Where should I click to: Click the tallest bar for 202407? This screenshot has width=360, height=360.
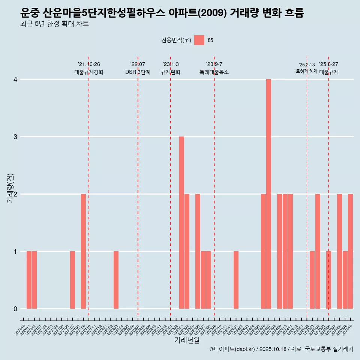point(268,194)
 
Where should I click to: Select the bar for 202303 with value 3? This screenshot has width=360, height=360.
point(181,222)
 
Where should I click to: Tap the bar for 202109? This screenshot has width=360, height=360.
point(83,251)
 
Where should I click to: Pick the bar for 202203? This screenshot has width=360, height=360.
point(116,280)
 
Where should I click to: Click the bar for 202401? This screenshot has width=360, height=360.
point(236,280)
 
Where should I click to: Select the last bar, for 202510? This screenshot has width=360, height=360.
point(350,251)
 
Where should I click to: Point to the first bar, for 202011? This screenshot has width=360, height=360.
point(29,280)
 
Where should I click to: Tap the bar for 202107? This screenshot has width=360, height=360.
point(72,280)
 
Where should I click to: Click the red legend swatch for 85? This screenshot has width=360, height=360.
point(199,40)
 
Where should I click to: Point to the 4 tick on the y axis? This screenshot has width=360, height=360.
point(15,79)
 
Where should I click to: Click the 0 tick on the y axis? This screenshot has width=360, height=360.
point(15,309)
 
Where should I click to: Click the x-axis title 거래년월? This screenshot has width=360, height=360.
point(187,340)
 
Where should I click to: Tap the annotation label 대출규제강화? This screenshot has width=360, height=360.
point(89,72)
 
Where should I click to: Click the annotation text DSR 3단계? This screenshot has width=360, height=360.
point(138,72)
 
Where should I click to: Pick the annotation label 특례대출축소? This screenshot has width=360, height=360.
point(214,72)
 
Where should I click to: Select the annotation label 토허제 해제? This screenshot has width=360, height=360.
point(306,71)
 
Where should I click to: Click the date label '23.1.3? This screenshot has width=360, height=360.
point(171,64)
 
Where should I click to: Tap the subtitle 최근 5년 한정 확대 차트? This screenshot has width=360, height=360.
point(55,24)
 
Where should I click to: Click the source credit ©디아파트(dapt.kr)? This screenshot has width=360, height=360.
point(232,349)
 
